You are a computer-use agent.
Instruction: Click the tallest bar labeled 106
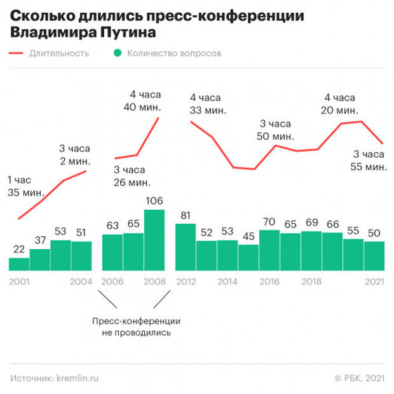pos(154,240)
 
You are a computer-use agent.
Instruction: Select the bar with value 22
pos(19,264)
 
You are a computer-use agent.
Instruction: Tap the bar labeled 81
pos(185,247)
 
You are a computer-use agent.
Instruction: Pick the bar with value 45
pos(248,257)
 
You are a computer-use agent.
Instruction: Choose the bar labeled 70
pos(269,250)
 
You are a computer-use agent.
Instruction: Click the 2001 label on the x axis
pos(19,282)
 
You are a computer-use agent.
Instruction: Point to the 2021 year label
pos(374,282)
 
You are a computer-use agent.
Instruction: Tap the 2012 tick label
pos(185,282)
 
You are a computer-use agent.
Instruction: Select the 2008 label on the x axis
pos(154,282)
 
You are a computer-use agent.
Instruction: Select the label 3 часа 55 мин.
pos(369,161)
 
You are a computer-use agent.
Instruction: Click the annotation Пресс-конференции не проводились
pos(135,327)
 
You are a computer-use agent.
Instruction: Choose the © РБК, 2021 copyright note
pos(359,378)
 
